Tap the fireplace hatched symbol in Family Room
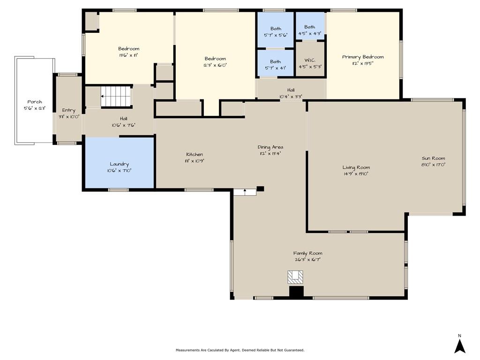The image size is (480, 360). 295,277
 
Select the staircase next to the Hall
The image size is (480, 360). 116,96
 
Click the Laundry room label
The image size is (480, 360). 120,164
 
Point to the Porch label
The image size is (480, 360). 35,102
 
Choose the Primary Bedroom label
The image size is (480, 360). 363,57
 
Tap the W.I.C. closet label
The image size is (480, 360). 310,60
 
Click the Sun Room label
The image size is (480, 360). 433,158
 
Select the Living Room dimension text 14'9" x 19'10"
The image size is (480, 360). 355,174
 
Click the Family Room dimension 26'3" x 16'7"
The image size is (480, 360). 307,260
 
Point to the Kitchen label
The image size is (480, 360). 195,154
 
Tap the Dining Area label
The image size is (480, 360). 270,147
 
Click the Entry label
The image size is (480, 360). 68,110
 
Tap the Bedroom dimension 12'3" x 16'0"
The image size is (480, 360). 215,65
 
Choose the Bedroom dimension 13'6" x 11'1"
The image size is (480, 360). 128,55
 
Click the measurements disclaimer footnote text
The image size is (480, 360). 240,350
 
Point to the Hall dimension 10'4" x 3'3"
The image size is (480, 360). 291,97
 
